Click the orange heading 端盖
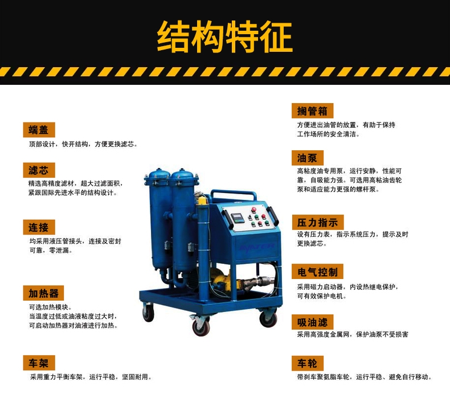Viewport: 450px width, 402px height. pos(39,130)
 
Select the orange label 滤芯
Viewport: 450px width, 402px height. pos(39,170)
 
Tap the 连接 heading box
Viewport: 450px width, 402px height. pos(39,227)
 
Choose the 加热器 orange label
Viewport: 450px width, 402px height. pos(43,293)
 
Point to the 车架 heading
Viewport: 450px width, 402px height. pos(39,363)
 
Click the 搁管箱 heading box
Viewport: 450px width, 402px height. pos(313,111)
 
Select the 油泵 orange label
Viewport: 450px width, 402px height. pos(308,158)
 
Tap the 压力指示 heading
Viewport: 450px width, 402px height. pos(318,223)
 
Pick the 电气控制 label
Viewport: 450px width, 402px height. pos(318,272)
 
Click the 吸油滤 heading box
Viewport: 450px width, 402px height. pos(313,322)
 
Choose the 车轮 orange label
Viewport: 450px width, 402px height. pos(308,363)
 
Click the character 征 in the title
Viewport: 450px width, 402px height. pos(276,37)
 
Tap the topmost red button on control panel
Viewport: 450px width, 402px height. pos(253,209)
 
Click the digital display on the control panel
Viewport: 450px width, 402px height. pos(238,219)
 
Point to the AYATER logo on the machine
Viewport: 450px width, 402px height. pos(257,247)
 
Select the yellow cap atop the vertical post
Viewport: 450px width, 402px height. pos(202,200)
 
